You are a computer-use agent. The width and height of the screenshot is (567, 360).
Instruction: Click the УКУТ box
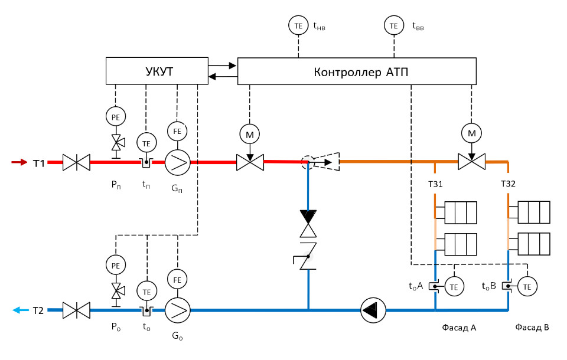[x=157, y=71]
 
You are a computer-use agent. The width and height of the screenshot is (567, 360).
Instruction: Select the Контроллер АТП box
[x=357, y=71]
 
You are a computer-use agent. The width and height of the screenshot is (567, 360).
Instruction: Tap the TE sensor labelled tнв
[x=298, y=25]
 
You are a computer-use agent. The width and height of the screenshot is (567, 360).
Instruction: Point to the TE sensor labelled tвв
[x=394, y=25]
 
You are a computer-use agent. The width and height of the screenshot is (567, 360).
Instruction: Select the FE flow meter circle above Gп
[x=177, y=129]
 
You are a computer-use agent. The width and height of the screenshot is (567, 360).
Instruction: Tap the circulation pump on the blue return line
[x=373, y=309]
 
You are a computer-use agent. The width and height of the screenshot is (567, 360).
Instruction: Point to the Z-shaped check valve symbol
[x=308, y=256]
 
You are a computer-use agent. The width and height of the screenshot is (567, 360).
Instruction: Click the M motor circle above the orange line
[x=471, y=133]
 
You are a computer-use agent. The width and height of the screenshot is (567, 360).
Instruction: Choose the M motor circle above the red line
[x=249, y=134]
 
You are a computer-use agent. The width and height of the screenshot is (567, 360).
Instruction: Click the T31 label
[x=435, y=184]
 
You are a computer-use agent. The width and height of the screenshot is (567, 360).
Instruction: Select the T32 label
[x=508, y=184]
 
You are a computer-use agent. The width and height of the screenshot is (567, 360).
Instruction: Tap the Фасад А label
[x=459, y=328]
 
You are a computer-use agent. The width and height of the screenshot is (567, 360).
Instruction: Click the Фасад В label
[x=532, y=328]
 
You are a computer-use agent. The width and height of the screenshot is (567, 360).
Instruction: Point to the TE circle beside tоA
[x=454, y=287]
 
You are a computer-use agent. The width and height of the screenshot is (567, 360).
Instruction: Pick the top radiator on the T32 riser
[x=533, y=211]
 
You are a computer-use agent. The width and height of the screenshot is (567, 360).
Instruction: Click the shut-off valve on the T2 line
[x=76, y=309]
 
